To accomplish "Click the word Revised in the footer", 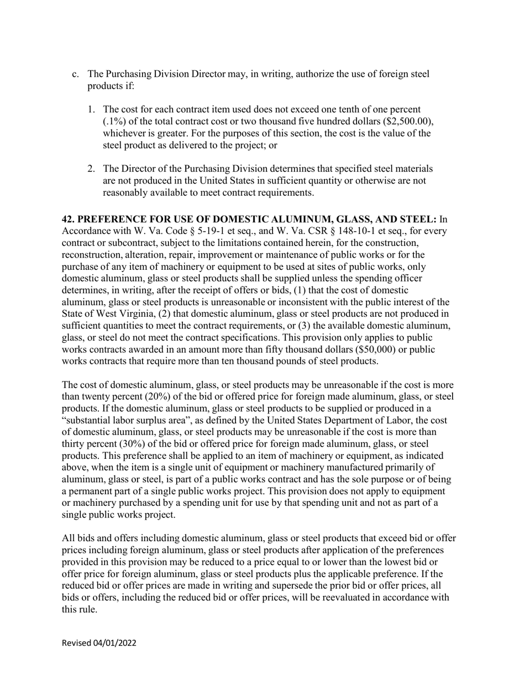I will click(76, 643).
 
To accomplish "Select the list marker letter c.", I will click(76, 74).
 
